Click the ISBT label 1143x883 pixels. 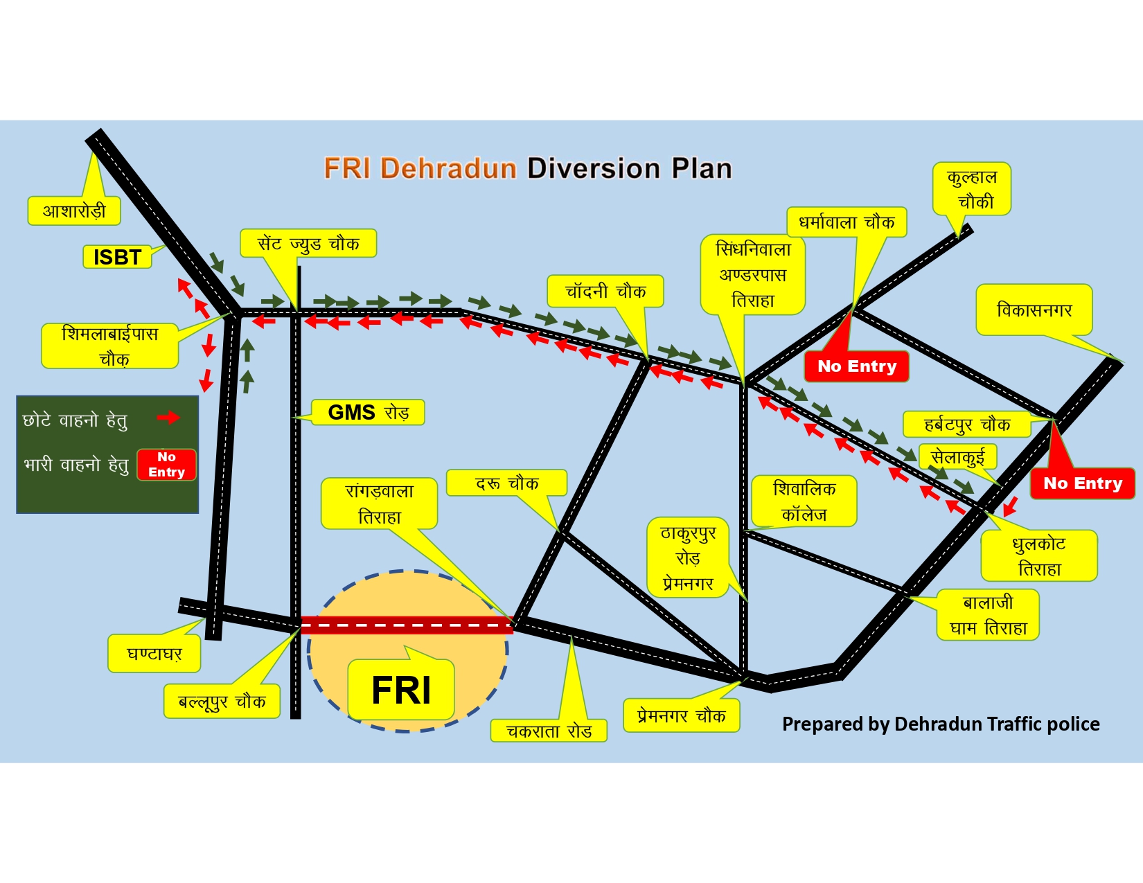tap(117, 257)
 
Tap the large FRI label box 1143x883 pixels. tap(401, 689)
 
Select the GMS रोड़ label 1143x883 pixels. tap(368, 412)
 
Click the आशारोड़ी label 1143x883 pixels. tap(74, 211)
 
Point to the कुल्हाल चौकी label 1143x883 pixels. tap(971, 189)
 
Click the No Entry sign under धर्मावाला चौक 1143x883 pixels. tap(856, 366)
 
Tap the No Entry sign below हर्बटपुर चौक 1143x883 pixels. tap(1082, 483)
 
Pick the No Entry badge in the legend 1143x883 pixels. tap(166, 465)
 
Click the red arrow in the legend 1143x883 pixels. tap(168, 418)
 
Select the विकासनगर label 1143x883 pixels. tap(1034, 310)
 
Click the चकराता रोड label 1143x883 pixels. tap(549, 731)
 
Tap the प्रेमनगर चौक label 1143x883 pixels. tap(681, 715)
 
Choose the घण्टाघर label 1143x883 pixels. tap(154, 654)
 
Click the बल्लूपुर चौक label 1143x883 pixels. tap(222, 702)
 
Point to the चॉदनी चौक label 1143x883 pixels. tap(605, 292)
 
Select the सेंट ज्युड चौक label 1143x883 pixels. tap(308, 244)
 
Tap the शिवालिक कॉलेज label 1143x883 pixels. tap(804, 501)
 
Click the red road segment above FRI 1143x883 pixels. tap(407, 625)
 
